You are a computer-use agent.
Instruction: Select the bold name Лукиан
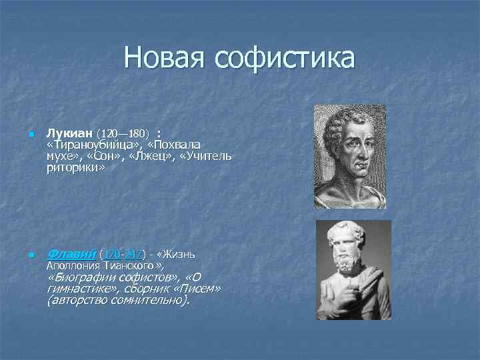pyautogui.click(x=71, y=133)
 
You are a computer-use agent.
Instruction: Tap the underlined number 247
pyautogui.click(x=133, y=254)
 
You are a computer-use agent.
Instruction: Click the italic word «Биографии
pyautogui.click(x=77, y=277)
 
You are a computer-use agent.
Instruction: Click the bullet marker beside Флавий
pyautogui.click(x=30, y=255)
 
